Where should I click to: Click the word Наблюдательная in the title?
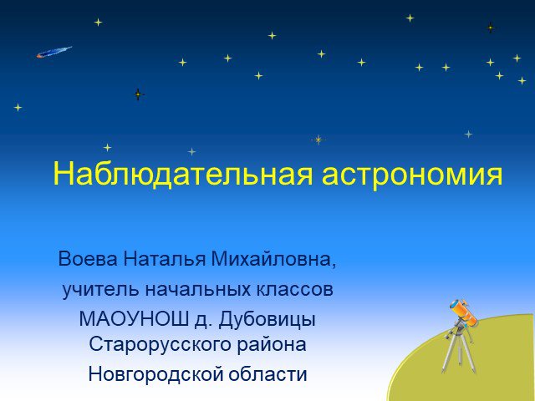[182, 174]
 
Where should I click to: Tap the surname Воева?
[88, 259]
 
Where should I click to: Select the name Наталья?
[165, 259]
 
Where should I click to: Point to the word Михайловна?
[271, 259]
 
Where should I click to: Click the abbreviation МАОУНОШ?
[134, 319]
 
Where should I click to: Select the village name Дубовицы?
[267, 320]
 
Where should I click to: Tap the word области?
[267, 374]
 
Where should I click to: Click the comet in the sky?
[53, 52]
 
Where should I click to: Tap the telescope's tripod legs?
[459, 351]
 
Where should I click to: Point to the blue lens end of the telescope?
[455, 304]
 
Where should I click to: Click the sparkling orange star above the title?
[318, 140]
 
